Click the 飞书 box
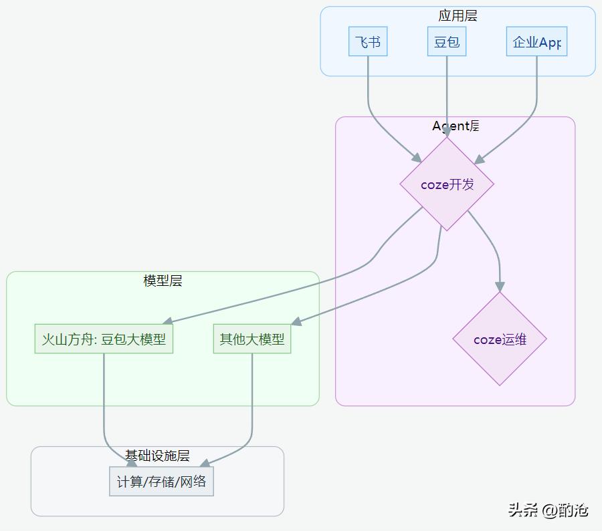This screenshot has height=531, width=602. click(368, 42)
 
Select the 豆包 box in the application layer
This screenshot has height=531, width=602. click(447, 42)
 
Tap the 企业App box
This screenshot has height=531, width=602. click(536, 42)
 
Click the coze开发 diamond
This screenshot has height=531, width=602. click(447, 184)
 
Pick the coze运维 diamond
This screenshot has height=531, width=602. click(500, 339)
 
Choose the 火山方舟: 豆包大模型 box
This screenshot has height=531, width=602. click(104, 339)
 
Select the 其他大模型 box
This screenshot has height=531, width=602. click(252, 339)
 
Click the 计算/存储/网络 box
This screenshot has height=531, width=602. click(161, 482)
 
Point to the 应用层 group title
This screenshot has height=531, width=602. click(458, 16)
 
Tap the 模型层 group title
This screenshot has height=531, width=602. click(163, 281)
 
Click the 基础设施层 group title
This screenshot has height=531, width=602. click(157, 456)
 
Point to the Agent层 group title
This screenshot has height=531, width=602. click(456, 126)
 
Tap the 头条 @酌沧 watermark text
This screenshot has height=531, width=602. click(548, 510)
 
